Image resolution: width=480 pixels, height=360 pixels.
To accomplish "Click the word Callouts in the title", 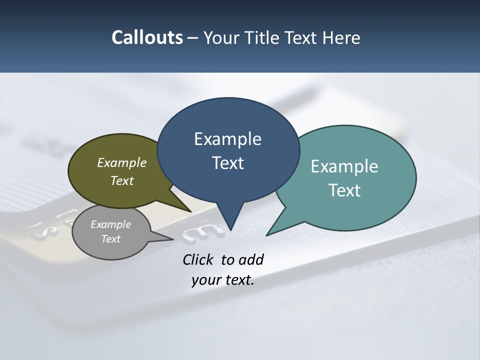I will coord(147,37).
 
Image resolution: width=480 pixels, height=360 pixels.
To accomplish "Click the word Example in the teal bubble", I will coord(344,166).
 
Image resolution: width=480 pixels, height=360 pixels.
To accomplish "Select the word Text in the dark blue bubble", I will coord(228,163).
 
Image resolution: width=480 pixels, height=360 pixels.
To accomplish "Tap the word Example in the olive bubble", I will coord(122,162).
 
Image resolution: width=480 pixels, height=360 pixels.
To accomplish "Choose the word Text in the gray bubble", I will coord(111,239).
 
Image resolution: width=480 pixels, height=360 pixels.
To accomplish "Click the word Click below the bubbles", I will coord(198,259).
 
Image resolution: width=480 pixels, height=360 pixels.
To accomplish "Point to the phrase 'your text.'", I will coord(223,280).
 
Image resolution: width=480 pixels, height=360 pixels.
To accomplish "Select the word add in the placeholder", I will coord(250,259).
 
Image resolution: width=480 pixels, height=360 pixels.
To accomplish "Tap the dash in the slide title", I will coord(193,37).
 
